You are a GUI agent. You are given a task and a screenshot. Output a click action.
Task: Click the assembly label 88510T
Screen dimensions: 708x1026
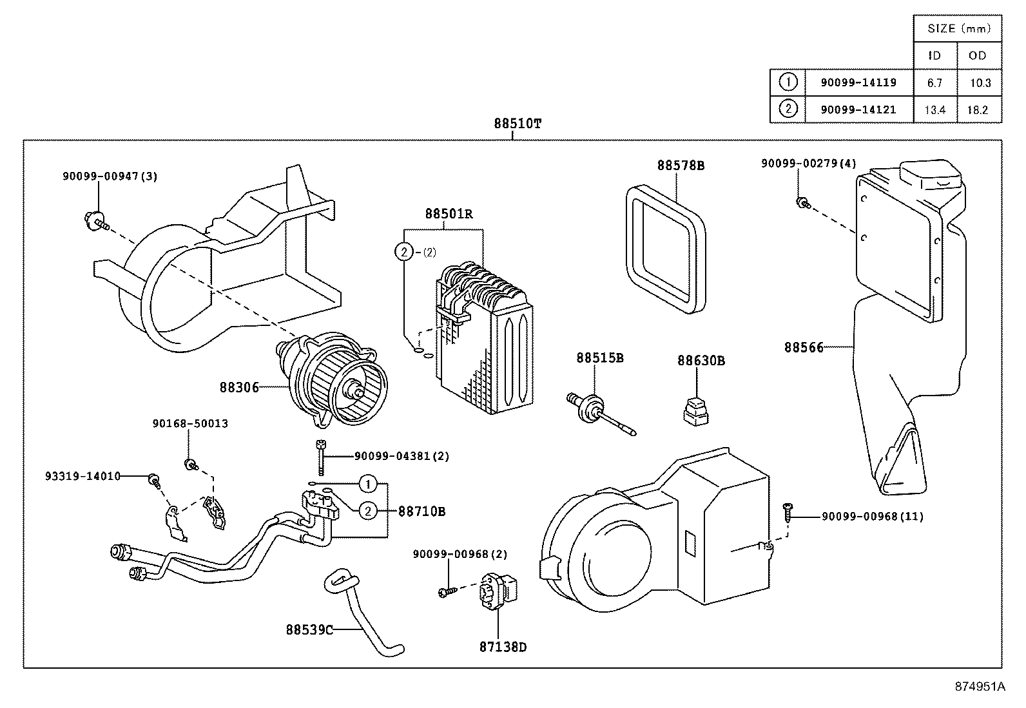(517, 124)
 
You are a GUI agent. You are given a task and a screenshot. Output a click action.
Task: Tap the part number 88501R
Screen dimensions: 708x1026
(449, 214)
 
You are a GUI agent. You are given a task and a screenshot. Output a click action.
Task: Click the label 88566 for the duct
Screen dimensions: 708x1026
(803, 347)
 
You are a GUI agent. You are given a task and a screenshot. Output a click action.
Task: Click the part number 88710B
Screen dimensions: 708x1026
(421, 512)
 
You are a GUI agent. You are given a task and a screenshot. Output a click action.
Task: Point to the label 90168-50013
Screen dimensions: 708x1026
(190, 424)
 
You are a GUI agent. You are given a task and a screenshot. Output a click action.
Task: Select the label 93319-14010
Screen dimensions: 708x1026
(82, 477)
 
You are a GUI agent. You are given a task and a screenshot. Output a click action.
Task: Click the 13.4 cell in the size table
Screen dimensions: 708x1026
(934, 110)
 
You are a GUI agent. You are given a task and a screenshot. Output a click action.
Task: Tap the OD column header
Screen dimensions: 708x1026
(977, 55)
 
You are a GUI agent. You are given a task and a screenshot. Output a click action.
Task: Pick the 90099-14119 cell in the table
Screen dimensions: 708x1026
(858, 82)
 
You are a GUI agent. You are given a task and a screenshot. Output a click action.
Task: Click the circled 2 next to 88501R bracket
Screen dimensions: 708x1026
(403, 252)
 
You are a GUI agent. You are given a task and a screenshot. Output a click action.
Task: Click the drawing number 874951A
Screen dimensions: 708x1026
(979, 686)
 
